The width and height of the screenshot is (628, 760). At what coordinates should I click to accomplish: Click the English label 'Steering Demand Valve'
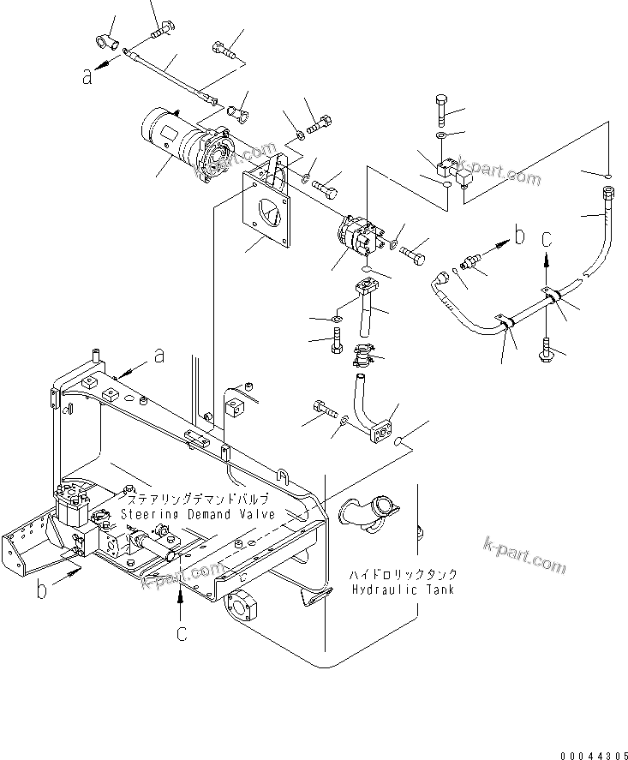197,514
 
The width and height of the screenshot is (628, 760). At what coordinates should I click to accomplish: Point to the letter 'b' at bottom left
42,592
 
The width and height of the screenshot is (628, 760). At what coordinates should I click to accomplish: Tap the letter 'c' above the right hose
547,236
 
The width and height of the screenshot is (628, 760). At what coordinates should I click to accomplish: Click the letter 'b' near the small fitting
517,234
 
